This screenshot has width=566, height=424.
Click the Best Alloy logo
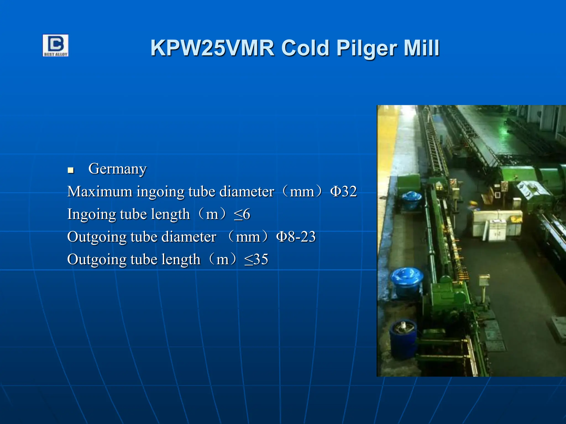[55, 46]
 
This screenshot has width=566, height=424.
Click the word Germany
[117, 169]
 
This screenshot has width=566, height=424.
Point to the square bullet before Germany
[71, 170]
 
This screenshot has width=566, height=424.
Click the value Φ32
[344, 191]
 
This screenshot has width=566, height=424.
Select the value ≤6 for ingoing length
[242, 214]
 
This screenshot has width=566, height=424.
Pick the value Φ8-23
[296, 237]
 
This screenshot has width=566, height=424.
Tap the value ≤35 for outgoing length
[256, 259]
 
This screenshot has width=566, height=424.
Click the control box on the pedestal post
[484, 279]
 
